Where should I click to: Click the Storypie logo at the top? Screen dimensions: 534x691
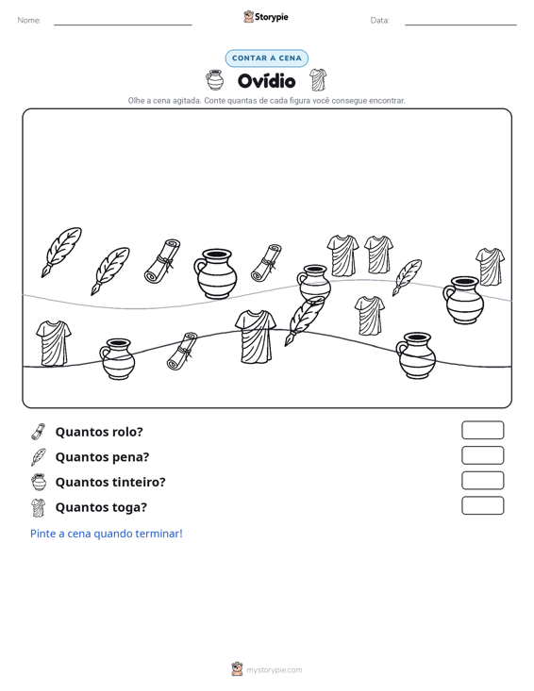coord(266,17)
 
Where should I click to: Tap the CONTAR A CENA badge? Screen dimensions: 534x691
coord(267,58)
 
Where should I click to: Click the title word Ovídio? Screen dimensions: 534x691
coord(266,81)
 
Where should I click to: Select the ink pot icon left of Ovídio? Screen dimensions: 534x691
coord(215,80)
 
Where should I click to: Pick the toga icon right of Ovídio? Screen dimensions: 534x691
coord(318,80)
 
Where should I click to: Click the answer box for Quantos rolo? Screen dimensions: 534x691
coord(483,430)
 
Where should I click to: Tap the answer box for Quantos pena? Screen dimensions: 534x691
coord(483,455)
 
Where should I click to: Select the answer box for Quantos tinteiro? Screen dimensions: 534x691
coord(483,481)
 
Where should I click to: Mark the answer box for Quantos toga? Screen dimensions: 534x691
coord(483,505)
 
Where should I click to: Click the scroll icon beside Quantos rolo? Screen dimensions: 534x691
coord(39,432)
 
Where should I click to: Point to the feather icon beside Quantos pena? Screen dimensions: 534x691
coord(39,457)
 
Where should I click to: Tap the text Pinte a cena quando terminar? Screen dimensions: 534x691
coord(107,534)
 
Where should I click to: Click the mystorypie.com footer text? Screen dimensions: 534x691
coord(275,670)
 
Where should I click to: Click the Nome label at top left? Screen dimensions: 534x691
coord(29,21)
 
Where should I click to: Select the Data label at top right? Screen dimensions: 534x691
coord(379,21)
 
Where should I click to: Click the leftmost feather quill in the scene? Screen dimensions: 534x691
coord(61,252)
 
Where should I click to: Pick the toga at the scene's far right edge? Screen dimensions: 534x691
coord(491,267)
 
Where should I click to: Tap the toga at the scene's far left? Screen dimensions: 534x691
coord(54,343)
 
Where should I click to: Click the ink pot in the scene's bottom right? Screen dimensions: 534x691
coord(416,355)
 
